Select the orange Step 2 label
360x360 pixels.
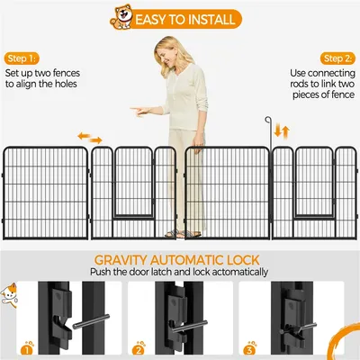337,57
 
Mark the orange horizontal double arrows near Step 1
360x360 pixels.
89,137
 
